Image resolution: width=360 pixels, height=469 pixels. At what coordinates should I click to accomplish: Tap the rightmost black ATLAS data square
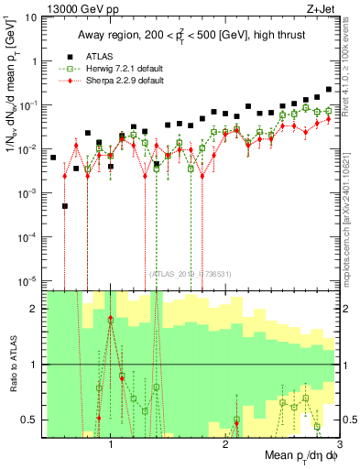click(329, 90)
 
